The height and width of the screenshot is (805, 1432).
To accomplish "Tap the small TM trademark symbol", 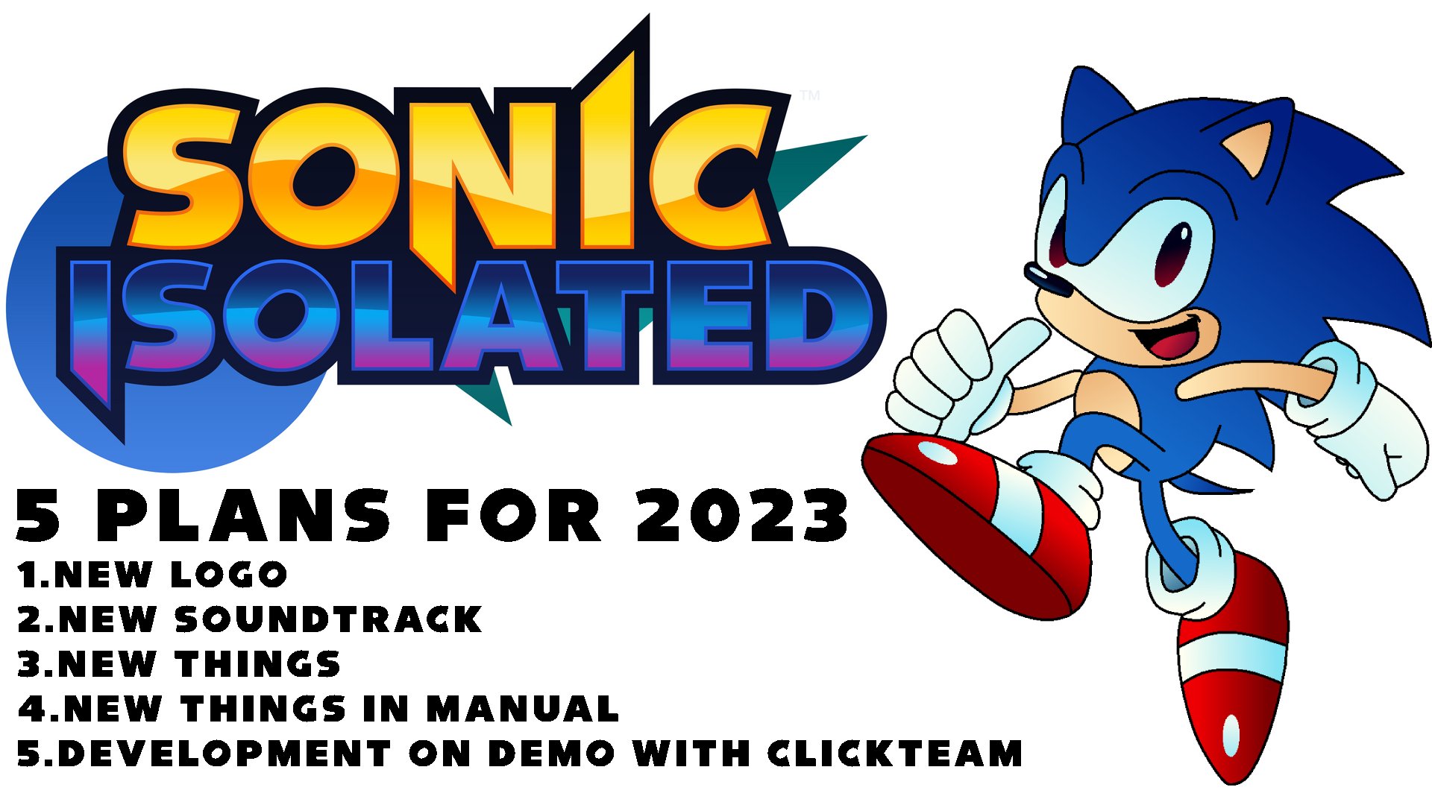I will pyautogui.click(x=809, y=95).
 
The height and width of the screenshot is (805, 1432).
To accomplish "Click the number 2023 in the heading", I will pyautogui.click(x=742, y=516).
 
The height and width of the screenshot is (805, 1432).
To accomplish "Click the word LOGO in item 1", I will pyautogui.click(x=229, y=575).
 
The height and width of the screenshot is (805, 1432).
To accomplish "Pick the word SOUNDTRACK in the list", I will pyautogui.click(x=329, y=619).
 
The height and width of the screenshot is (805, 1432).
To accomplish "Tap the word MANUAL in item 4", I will pyautogui.click(x=522, y=709).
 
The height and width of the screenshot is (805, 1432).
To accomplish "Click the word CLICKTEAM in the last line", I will pyautogui.click(x=895, y=754).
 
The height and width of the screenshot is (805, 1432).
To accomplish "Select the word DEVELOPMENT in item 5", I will pyautogui.click(x=224, y=754).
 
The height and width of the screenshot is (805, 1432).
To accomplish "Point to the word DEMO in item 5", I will pyautogui.click(x=552, y=754).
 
